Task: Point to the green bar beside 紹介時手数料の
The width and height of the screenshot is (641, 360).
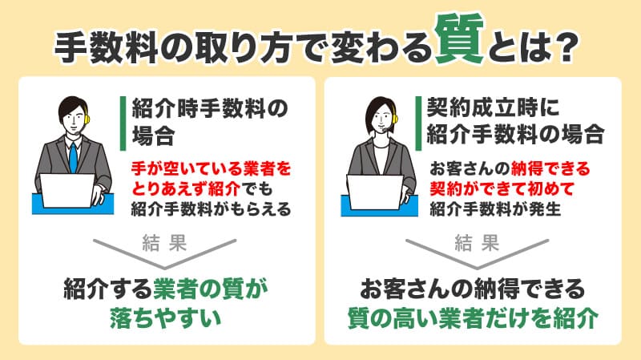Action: [x=122, y=121]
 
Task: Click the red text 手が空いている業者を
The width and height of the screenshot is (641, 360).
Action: [x=208, y=169]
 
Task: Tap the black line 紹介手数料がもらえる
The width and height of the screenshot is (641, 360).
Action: [x=209, y=210]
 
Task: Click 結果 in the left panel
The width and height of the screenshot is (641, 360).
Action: [x=166, y=242]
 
